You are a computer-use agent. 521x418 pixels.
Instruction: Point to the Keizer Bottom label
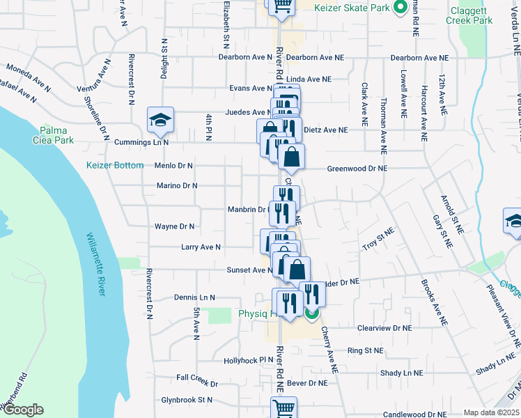(x=115, y=166)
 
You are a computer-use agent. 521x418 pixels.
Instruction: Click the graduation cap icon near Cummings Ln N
(x=160, y=121)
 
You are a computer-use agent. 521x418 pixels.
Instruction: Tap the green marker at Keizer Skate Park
(x=399, y=8)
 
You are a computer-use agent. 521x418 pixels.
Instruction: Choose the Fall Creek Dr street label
(x=197, y=384)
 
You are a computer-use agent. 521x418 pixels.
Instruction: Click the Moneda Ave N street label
(x=29, y=79)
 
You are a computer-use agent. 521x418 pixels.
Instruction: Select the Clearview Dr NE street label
(x=384, y=327)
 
